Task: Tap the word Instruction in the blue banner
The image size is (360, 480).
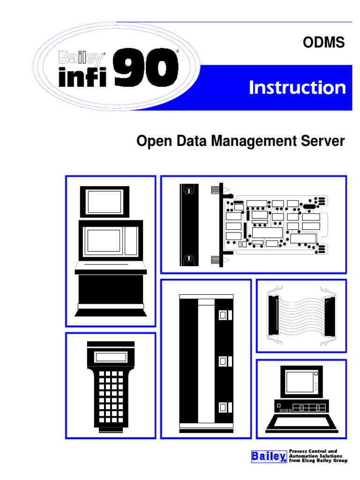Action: coord(298,88)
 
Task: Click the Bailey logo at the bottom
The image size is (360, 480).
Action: coord(269,456)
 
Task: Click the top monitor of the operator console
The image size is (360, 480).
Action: coord(104,202)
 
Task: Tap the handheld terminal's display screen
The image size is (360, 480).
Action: coord(111,357)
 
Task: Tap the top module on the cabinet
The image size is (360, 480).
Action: coord(224,315)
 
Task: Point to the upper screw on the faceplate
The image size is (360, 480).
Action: coord(188,191)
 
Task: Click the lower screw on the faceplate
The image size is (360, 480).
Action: coord(188,259)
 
